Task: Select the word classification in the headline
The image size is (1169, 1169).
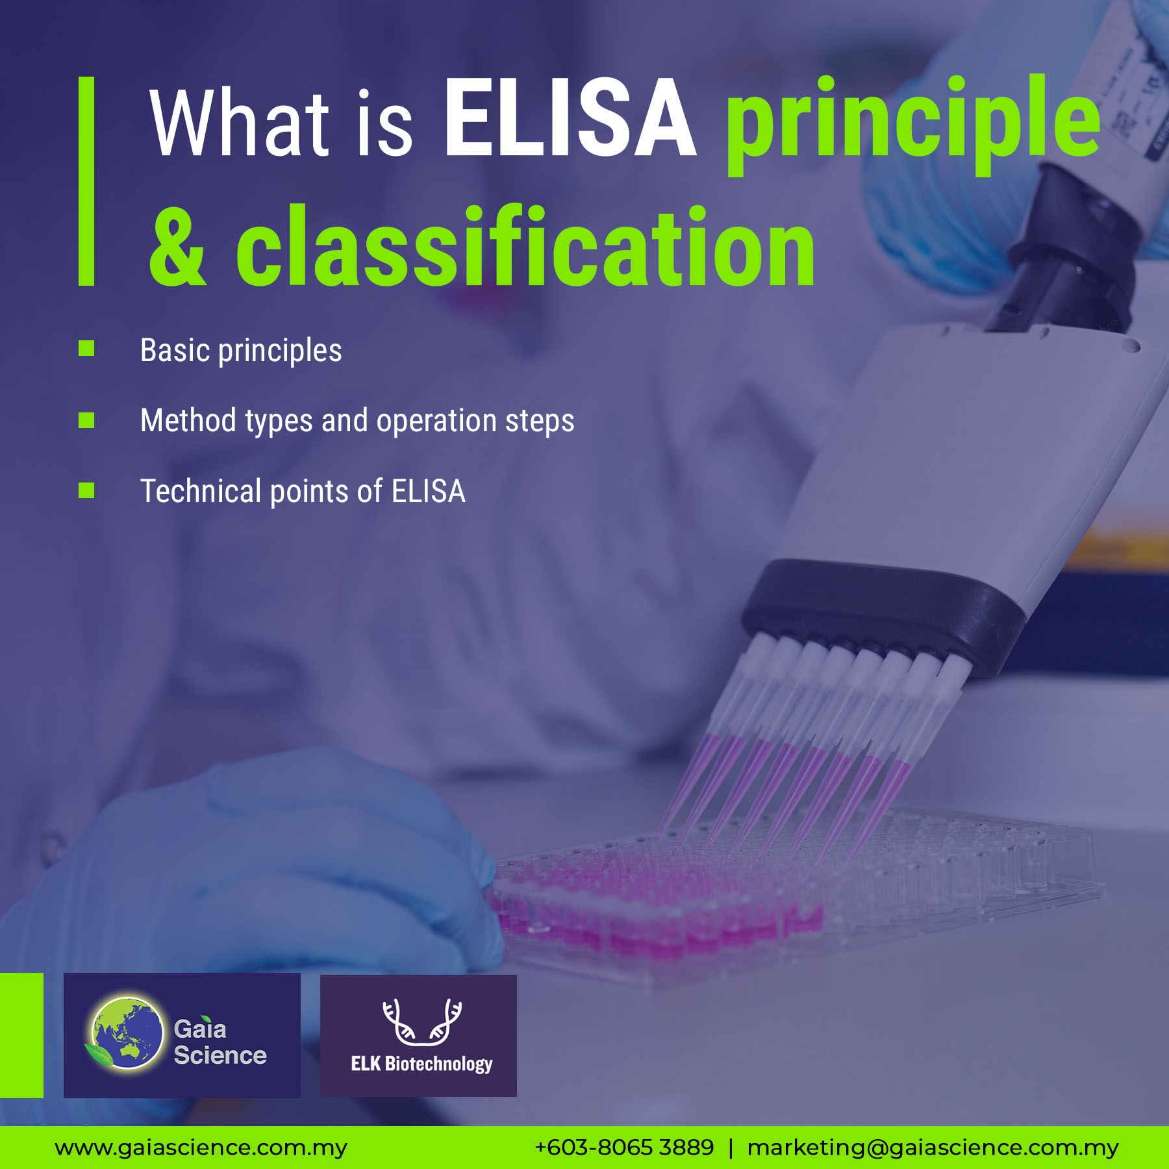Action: (x=525, y=245)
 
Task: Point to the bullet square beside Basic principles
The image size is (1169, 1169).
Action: (x=86, y=349)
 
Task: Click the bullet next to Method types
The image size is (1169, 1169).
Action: (x=86, y=420)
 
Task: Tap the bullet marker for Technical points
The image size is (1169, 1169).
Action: (x=86, y=490)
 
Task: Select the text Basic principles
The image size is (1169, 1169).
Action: (x=241, y=351)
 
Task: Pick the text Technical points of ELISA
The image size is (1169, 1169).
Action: (x=303, y=491)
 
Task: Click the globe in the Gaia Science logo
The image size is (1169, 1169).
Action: (x=127, y=1033)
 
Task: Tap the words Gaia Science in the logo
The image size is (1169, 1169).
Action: (x=220, y=1042)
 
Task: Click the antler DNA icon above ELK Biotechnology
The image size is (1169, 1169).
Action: (x=422, y=1022)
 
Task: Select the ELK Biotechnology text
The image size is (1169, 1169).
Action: (x=421, y=1064)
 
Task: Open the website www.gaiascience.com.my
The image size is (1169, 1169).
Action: (x=201, y=1148)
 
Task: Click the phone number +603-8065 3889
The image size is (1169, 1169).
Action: (x=624, y=1148)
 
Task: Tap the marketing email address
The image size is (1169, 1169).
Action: (x=933, y=1148)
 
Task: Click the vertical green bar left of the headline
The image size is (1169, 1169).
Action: (x=86, y=181)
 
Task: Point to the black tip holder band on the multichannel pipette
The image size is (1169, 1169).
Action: (x=884, y=618)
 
